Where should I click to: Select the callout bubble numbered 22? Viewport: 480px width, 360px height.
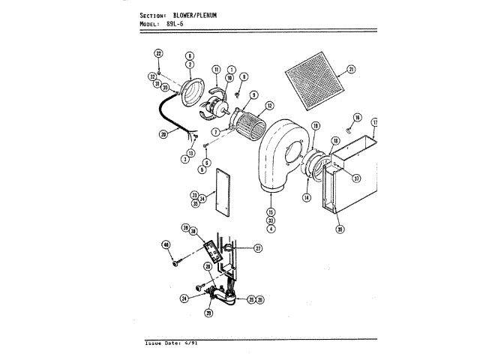point(158,53)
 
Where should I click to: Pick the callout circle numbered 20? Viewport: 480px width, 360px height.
point(163,135)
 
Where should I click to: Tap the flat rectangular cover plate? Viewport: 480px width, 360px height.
point(219,192)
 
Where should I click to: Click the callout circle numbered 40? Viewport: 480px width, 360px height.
point(166,244)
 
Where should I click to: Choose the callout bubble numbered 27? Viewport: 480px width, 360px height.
point(257,248)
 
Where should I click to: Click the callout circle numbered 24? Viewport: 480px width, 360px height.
point(184,298)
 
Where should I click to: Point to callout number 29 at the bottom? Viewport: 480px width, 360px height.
point(210,313)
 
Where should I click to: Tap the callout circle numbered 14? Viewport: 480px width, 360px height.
point(306,197)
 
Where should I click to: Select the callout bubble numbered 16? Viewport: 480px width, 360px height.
point(357,118)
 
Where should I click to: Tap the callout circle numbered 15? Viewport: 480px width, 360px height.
point(270,211)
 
